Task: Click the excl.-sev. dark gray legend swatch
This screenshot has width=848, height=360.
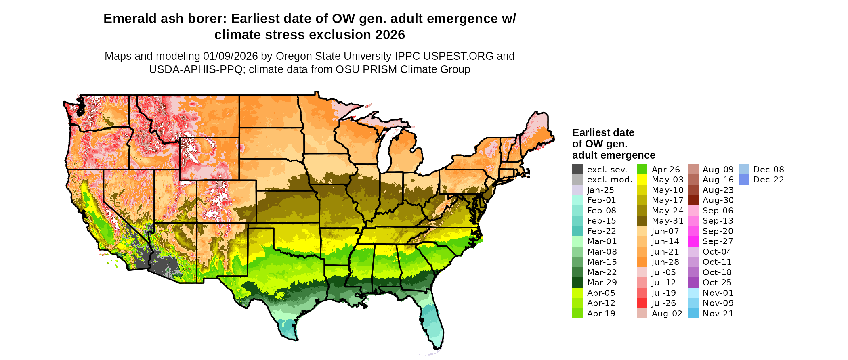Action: coord(577,170)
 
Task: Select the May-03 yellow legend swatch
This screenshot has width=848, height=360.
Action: coord(642,180)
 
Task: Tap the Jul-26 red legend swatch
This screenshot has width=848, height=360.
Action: coord(642,303)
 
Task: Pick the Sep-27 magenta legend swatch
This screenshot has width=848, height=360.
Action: coord(693,241)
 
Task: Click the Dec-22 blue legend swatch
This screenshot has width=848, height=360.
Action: coord(743,180)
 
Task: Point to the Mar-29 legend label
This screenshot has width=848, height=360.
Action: coord(602,283)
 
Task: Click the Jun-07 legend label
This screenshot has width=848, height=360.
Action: coord(665,231)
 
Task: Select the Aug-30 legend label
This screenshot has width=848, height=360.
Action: coord(718,200)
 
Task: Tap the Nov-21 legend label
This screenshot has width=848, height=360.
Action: coord(718,314)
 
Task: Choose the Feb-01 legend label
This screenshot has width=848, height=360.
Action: coord(601,200)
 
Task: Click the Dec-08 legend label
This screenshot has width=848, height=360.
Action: coord(768,170)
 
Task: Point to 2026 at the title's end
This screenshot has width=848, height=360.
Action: coord(390,35)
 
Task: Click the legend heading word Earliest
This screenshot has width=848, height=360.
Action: coord(591,133)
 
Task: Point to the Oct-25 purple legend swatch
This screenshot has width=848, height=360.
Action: coord(693,283)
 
